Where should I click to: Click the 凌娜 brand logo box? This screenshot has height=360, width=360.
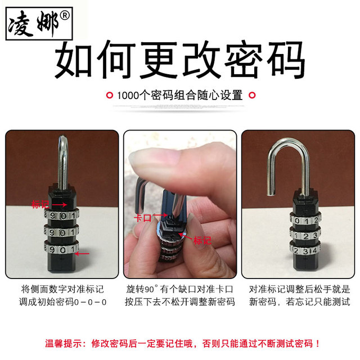point(39,24)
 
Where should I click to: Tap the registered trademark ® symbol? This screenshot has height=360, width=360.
point(65,16)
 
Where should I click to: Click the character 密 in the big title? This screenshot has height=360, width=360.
point(243,60)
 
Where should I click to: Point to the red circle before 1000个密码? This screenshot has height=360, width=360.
point(110,95)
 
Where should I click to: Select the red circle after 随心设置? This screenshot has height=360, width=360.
point(252,95)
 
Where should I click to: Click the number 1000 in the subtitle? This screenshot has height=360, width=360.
point(128,95)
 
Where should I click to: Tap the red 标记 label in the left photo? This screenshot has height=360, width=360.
point(40,204)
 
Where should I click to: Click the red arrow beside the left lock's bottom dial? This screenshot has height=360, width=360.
point(82,254)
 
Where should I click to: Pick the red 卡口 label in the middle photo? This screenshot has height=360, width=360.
point(143,218)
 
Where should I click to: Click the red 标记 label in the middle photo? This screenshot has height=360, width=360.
point(202,241)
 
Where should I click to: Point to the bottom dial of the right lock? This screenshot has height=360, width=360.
point(305,250)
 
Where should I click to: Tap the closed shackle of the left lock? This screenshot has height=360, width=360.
point(62,164)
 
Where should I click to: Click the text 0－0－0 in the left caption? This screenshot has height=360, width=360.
point(91,302)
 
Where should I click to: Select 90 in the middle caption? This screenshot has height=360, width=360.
point(149,289)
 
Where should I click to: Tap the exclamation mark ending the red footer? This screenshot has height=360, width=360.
point(317,344)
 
